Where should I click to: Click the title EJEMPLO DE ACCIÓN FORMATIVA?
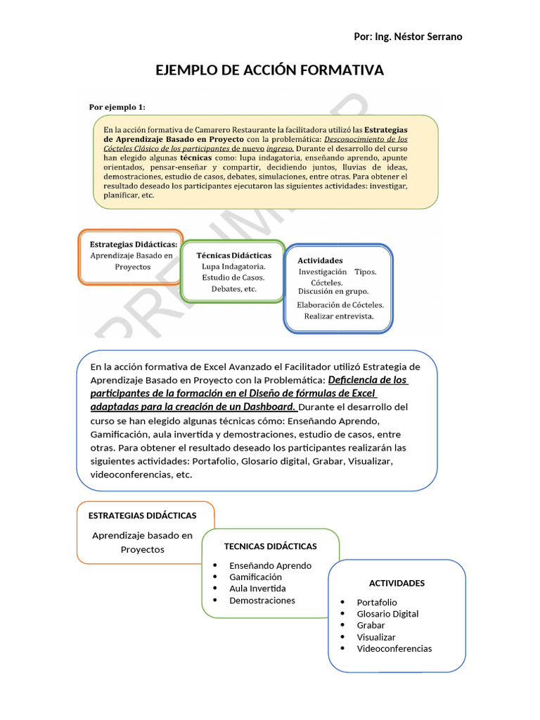pos(269,70)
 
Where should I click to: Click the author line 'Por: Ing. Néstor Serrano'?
pos(408,37)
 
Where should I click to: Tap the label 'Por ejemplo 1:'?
pos(117,107)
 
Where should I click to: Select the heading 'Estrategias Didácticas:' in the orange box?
pos(133,244)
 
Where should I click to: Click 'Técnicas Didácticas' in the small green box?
pos(233,255)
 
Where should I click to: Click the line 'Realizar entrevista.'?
pos(338,316)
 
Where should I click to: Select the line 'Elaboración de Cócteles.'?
pos(340,304)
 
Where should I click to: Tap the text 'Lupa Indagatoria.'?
pos(233,266)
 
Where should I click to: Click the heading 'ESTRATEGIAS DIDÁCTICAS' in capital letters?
pos(143,515)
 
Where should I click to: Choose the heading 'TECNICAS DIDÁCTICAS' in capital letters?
pos(270,546)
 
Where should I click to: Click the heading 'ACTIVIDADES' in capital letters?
pos(397,583)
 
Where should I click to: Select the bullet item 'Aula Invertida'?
pos(257,589)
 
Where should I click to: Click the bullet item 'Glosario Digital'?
pos(387,614)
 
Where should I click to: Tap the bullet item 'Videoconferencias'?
pos(394,648)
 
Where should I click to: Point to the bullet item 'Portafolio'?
pos(377,603)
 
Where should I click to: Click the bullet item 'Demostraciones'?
pos(262,600)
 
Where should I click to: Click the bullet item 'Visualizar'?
pos(376,637)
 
